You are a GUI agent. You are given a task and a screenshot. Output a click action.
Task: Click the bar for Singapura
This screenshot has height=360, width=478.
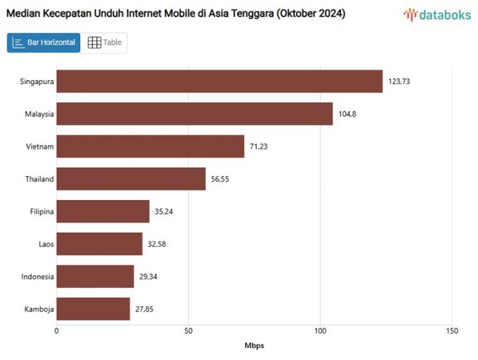(x=219, y=81)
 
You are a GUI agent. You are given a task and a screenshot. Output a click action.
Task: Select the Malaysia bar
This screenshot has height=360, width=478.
(x=194, y=114)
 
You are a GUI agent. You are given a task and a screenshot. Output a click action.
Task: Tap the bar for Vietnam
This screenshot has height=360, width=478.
(x=150, y=146)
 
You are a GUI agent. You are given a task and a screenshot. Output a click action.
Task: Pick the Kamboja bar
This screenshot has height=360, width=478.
(x=93, y=309)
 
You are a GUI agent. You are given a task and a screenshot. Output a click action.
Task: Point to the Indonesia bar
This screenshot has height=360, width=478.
(x=95, y=276)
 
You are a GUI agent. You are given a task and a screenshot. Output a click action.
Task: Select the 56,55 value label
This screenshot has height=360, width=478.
(x=222, y=179)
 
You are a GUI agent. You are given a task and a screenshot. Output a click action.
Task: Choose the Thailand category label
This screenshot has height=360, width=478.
(x=39, y=179)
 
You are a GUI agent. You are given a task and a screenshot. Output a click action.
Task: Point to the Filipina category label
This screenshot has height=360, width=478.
(x=41, y=211)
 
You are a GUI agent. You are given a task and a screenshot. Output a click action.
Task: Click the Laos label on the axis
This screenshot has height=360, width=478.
(x=46, y=244)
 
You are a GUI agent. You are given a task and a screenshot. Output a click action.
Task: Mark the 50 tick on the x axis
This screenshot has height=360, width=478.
(x=188, y=331)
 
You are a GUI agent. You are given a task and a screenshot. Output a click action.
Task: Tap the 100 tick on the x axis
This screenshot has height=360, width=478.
(x=320, y=331)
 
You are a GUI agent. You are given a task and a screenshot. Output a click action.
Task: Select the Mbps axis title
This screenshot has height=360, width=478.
(x=254, y=345)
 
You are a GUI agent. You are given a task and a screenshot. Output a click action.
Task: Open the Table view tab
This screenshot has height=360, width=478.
(x=105, y=43)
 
